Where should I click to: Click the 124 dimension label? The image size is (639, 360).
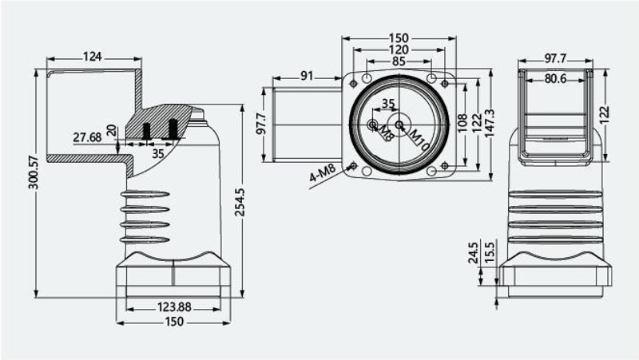coord(92,56)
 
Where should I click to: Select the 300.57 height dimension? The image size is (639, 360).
coord(34,172)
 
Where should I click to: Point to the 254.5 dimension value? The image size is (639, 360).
coord(240,203)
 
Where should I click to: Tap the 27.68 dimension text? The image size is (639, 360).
coord(87,137)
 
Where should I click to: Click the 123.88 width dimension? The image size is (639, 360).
coord(174,307)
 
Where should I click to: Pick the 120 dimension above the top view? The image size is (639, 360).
coord(398,49)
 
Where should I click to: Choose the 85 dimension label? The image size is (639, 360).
coord(399,61)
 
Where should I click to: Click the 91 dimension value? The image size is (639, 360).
coord(307,76)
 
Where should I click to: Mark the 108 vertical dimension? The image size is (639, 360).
coord(462,123)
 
